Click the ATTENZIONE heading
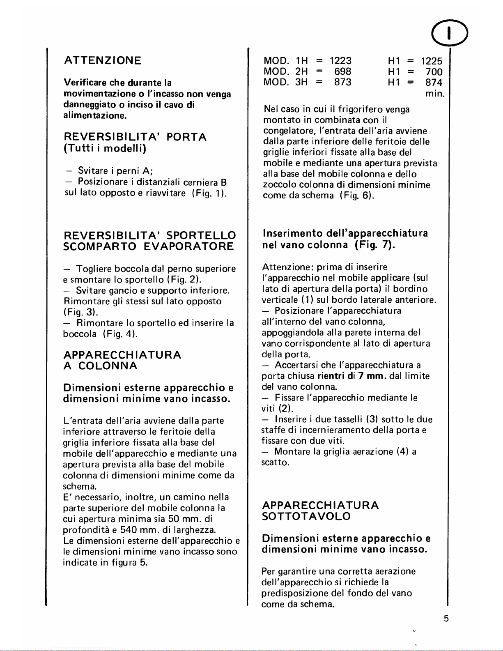[102, 61]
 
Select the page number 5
[446, 619]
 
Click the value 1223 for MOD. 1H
[340, 61]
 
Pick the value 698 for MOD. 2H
[343, 71]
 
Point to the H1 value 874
[434, 83]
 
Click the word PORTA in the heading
[186, 137]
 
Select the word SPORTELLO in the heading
[201, 235]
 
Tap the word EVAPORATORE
[189, 246]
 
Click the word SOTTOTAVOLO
[306, 516]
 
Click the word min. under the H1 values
[435, 94]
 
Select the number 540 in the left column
[129, 530]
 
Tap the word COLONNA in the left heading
[108, 366]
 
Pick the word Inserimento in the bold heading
[292, 233]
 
